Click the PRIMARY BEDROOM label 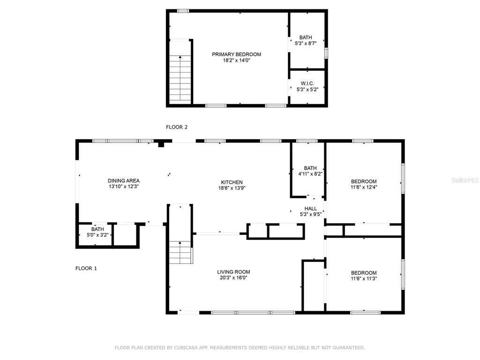pos(236,54)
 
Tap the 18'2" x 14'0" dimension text pos(236,60)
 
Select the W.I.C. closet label pos(307,83)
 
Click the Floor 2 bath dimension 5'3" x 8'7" pos(306,44)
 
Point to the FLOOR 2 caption pos(177,127)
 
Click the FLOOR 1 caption pos(86,269)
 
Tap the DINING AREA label pos(124,181)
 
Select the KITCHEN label pos(232,182)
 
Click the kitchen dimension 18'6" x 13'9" pos(232,188)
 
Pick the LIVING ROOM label pos(233,272)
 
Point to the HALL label pos(310,209)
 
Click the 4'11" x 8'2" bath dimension pos(310,174)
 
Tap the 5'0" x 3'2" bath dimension pos(97,235)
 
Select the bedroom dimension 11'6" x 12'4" pos(364,187)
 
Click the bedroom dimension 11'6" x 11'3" pos(364,278)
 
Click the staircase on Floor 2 pos(180,79)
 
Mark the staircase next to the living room pos(180,252)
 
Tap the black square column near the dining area pos(161,144)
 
